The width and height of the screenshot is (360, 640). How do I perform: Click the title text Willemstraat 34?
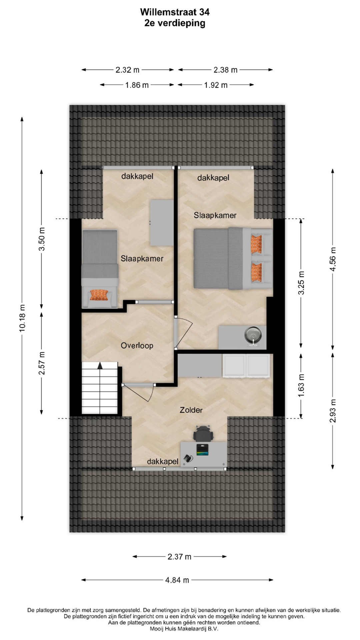tap(175, 12)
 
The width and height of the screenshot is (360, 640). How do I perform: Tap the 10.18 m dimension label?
tap(22, 318)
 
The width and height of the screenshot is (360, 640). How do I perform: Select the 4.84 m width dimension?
tap(177, 580)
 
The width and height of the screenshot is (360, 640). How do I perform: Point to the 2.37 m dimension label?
tap(179, 557)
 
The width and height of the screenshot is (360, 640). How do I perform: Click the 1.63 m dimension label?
tap(301, 385)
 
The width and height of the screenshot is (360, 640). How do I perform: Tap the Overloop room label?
tap(137, 345)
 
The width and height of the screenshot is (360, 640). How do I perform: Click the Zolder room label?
tap(191, 410)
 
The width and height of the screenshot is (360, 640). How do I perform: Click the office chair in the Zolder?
tap(203, 433)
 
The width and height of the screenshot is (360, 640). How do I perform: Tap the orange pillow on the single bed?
tap(99, 295)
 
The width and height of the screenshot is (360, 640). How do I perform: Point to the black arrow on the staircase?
tap(100, 366)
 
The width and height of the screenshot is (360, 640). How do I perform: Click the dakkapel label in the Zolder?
tap(163, 461)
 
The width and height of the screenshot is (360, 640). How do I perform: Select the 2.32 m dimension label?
tap(127, 70)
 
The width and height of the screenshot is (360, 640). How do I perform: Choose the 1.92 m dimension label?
tap(216, 85)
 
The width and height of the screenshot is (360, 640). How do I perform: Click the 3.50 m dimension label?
tap(42, 239)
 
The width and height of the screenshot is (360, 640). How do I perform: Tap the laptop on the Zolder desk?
tap(202, 449)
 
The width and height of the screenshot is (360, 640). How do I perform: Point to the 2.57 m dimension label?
tap(42, 363)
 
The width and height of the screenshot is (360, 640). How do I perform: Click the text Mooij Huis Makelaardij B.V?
tap(184, 629)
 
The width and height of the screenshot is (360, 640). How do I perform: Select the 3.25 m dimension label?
tap(301, 283)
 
